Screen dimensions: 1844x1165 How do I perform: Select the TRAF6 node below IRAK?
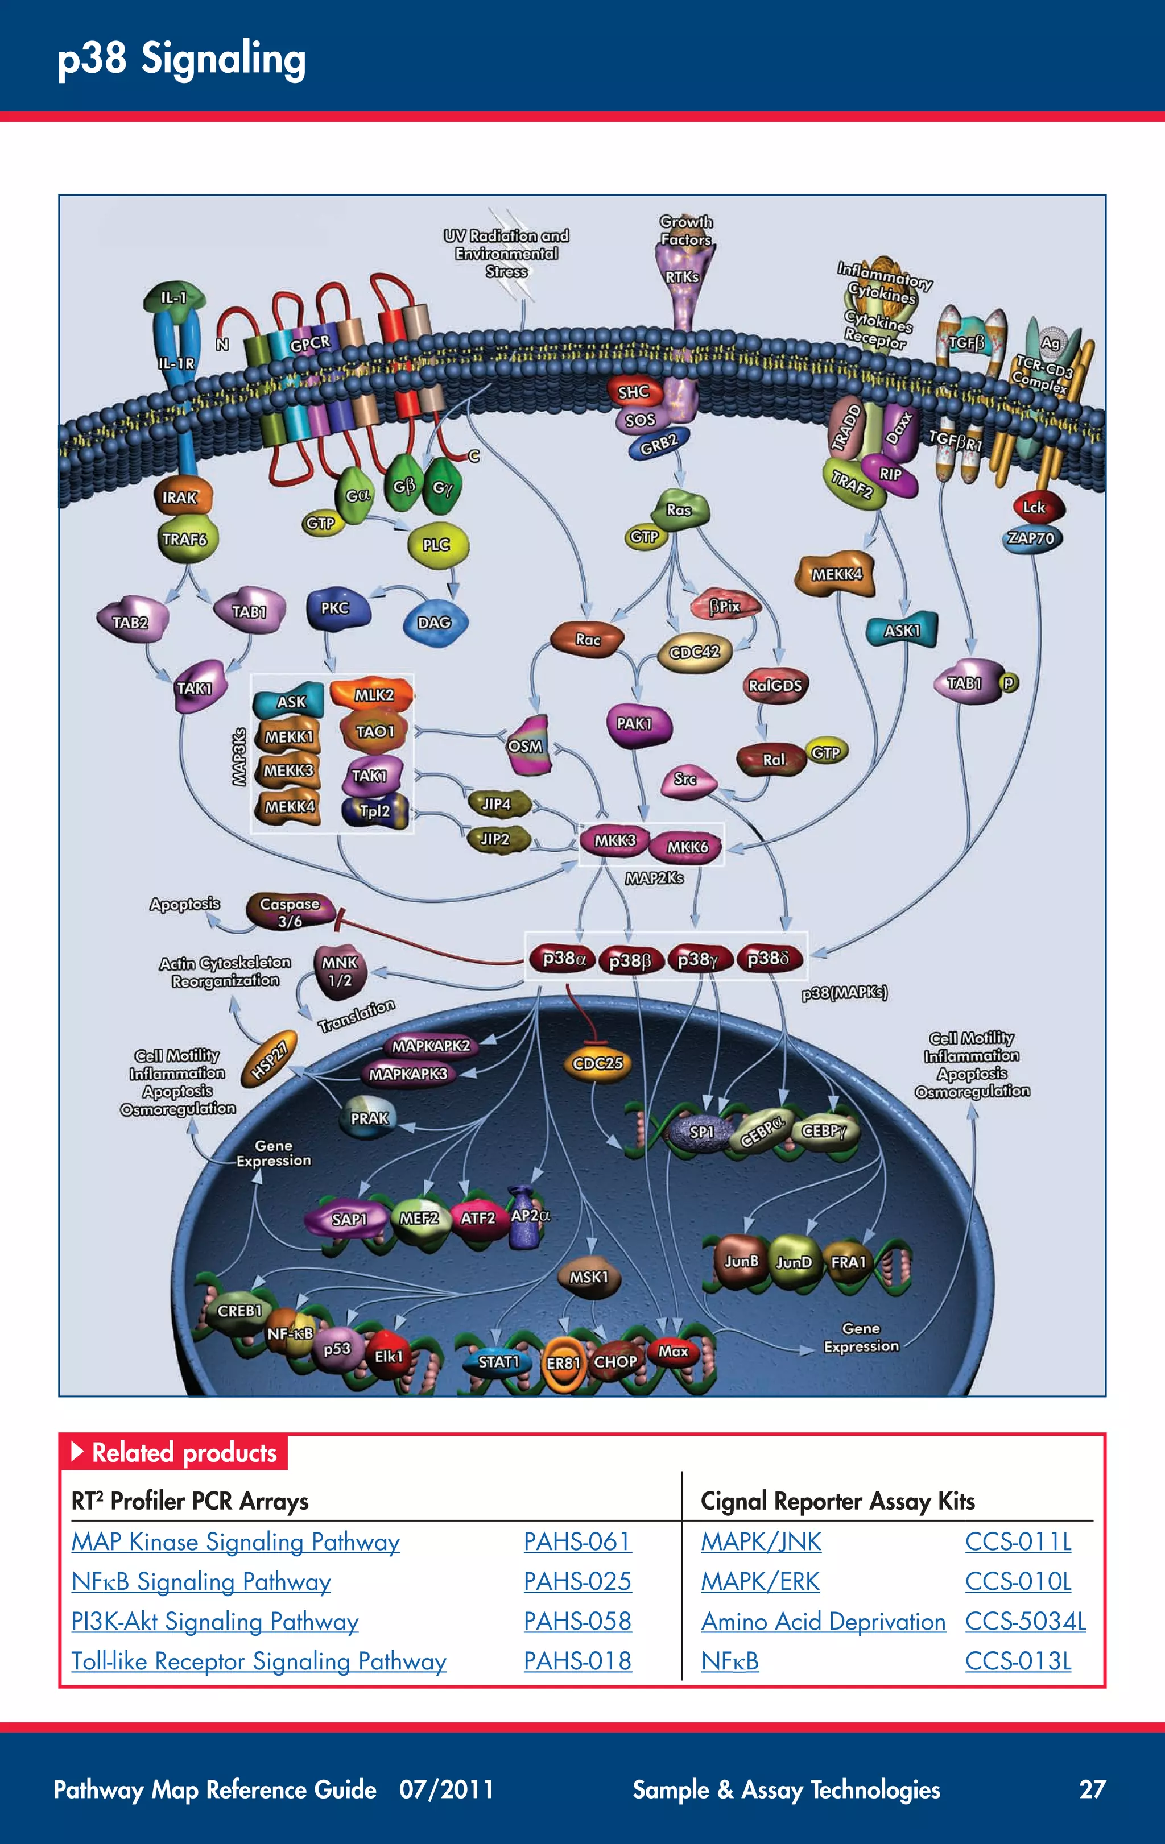coord(185,539)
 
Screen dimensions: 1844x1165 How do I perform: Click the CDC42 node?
coord(694,652)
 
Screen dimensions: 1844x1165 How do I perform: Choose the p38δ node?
coord(769,958)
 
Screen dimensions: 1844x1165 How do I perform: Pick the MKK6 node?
coord(687,847)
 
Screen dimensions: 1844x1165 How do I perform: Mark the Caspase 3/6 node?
coord(290,911)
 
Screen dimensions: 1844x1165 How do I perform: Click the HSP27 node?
coord(269,1060)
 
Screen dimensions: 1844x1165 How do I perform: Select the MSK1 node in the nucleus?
coord(588,1277)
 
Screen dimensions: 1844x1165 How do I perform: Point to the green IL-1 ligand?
coord(175,297)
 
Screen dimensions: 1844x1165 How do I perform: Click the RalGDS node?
coord(775,685)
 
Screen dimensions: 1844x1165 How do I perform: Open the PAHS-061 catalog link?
coord(577,1541)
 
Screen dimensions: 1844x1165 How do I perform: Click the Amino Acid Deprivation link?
coord(823,1621)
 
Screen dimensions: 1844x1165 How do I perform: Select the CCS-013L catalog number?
coord(1018,1661)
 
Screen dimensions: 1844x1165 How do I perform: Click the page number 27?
coord(1092,1789)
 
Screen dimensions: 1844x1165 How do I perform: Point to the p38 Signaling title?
coord(181,59)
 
